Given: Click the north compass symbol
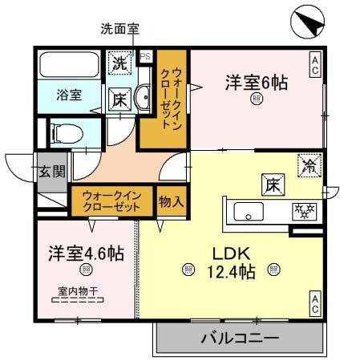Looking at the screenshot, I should (x=306, y=22).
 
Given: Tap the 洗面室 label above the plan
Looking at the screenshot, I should (x=119, y=30).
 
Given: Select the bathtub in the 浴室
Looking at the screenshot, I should (x=68, y=63).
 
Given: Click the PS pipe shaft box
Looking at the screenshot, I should (x=146, y=57).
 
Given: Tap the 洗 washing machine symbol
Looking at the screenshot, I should (x=120, y=62).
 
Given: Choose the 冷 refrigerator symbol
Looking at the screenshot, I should (x=309, y=167).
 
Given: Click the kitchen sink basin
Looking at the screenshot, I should (x=247, y=213).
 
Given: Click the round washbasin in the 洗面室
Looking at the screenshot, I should (x=142, y=99).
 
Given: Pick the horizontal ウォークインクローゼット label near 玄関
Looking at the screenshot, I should (x=111, y=200).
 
